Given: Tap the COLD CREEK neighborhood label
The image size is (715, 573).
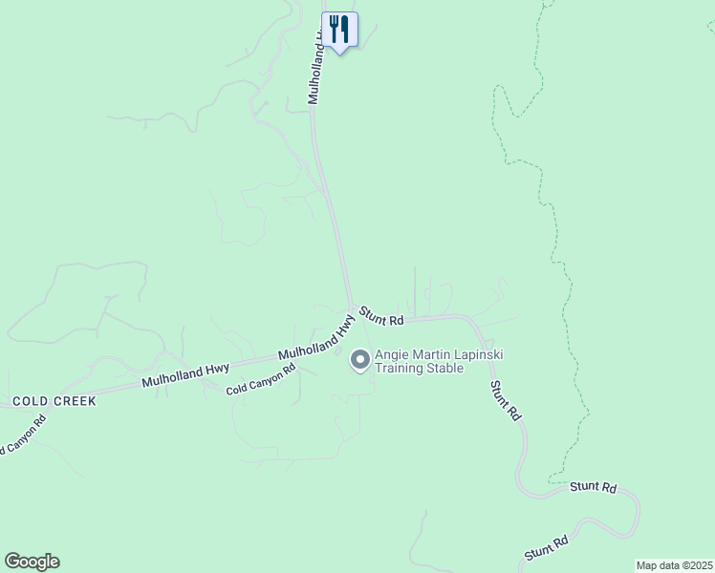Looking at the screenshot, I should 54,401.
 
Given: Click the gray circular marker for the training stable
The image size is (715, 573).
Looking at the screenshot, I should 359,360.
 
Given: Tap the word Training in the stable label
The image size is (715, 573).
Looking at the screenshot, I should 401,368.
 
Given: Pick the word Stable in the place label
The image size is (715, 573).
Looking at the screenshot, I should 445,368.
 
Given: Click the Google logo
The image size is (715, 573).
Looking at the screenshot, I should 32,562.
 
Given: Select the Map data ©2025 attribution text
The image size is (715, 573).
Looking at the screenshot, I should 673,565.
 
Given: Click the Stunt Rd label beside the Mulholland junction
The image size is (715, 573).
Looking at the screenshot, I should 381,317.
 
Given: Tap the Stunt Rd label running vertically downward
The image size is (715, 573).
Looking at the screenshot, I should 505,401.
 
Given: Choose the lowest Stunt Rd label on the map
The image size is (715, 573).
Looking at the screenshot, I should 547,548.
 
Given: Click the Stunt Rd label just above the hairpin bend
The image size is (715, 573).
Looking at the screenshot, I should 593,487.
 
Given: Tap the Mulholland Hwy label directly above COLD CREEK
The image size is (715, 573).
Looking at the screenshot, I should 185,373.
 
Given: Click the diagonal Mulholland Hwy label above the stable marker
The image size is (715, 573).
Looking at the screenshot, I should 316,340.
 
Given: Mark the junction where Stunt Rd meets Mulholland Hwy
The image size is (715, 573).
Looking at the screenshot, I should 351,308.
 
